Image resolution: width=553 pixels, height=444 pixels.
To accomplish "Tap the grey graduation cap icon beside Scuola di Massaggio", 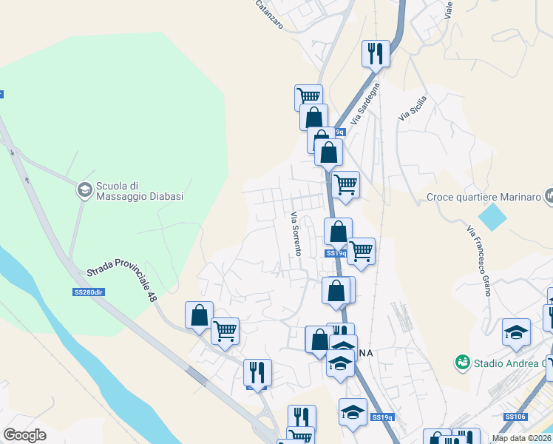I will click(85, 191).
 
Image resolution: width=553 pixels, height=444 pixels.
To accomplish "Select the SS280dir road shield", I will click(87, 292).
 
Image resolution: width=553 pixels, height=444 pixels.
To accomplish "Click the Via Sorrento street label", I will click(295, 234).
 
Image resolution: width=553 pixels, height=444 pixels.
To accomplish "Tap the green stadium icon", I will click(463, 363).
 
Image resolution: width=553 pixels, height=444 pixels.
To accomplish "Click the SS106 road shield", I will click(515, 417).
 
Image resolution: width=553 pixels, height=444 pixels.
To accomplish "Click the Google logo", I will click(24, 435).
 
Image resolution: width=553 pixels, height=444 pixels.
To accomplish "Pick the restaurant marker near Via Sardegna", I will click(376, 53).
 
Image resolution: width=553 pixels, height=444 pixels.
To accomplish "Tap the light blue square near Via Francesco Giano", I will click(493, 216).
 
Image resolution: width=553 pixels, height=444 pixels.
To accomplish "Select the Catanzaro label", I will click(269, 13).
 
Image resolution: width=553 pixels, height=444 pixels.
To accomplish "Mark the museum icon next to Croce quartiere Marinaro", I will click(549, 196).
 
